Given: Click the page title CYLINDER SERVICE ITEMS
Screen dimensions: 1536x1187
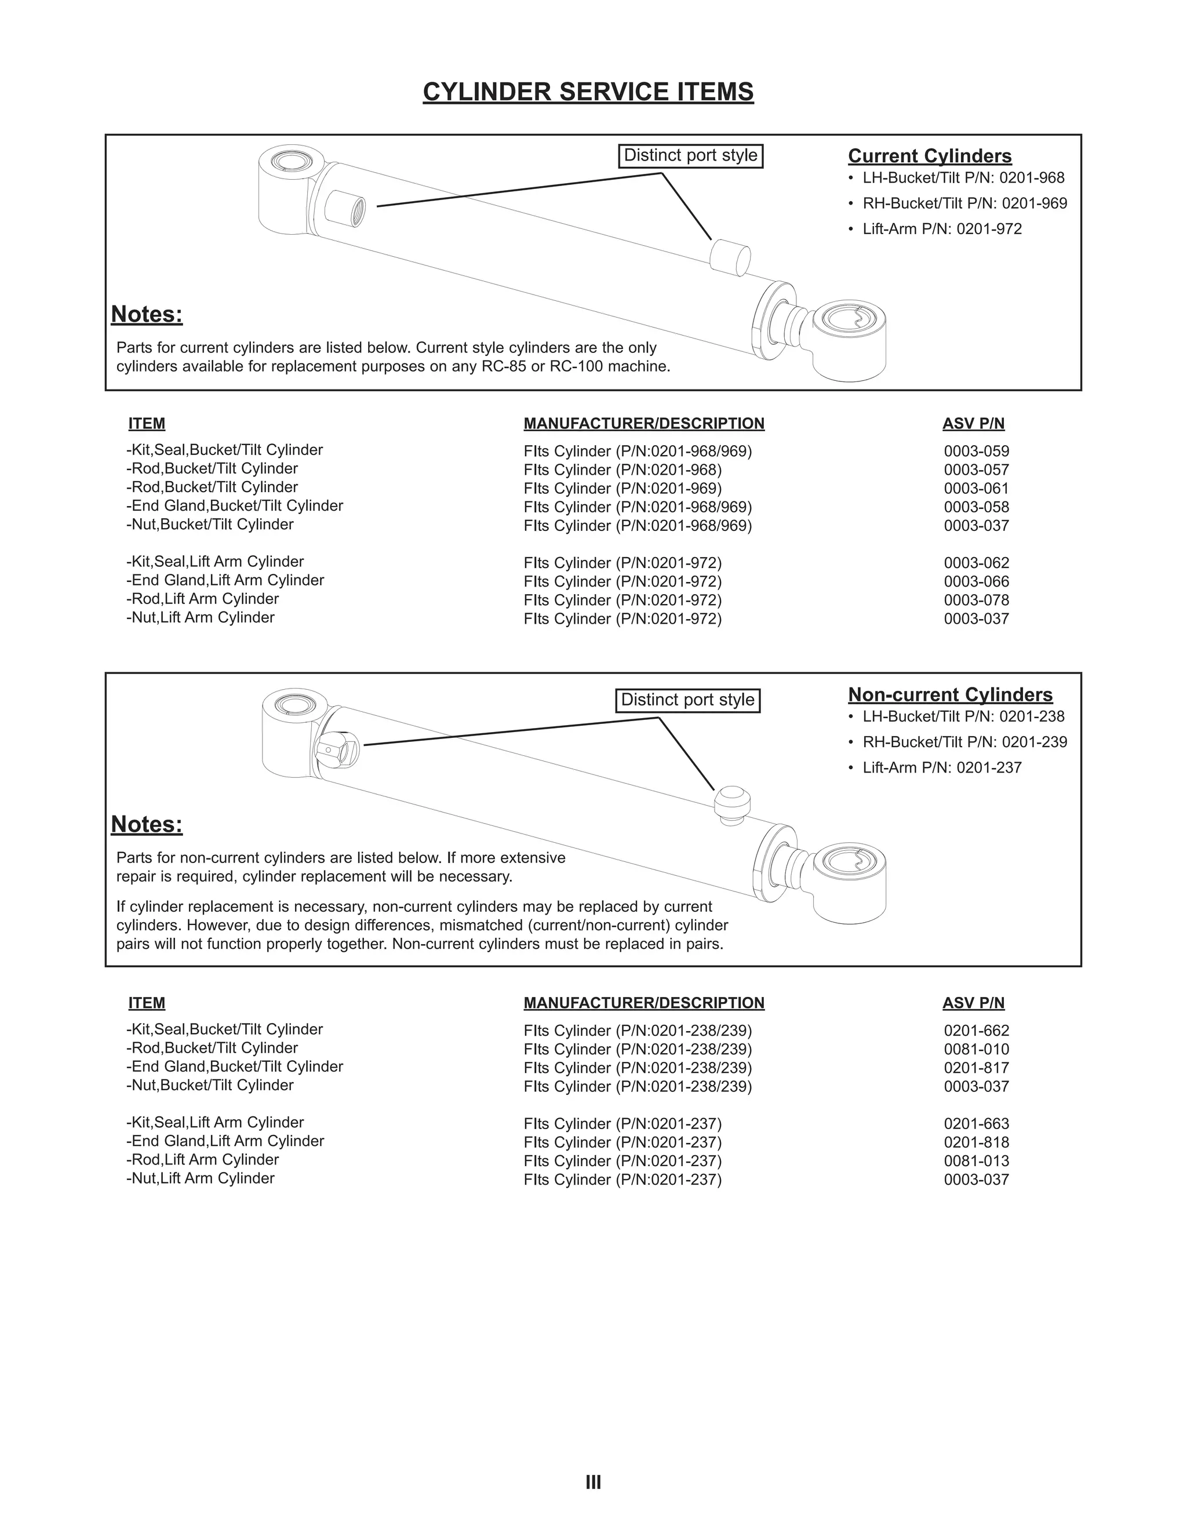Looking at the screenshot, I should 588,92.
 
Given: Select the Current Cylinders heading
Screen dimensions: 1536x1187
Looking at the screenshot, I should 930,156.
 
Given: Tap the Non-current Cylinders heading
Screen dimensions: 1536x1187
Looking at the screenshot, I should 950,695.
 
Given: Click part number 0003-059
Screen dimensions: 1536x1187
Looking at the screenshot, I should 976,452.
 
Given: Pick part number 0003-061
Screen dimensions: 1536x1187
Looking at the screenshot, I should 976,489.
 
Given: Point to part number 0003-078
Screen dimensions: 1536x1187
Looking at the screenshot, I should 976,600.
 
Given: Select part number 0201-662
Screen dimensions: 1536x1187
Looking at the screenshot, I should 976,1031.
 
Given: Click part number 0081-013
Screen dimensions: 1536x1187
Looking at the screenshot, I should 976,1161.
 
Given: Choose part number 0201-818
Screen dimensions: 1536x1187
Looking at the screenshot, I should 976,1143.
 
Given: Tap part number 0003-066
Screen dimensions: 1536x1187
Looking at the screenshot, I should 976,581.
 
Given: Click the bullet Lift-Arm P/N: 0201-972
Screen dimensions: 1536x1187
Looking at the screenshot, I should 942,230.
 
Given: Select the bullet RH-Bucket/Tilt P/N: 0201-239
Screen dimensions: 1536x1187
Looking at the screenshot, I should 964,742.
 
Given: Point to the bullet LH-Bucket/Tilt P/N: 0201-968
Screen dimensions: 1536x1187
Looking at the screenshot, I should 963,179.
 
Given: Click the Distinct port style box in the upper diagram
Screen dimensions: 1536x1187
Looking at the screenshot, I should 690,155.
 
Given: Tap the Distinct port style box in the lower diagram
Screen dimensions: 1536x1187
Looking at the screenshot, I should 688,701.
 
